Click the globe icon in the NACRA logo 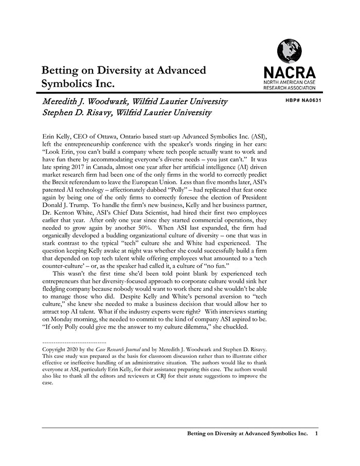pyautogui.click(x=289, y=51)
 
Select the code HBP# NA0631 pyautogui.click(x=303, y=100)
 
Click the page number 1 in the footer pyautogui.click(x=316, y=434)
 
